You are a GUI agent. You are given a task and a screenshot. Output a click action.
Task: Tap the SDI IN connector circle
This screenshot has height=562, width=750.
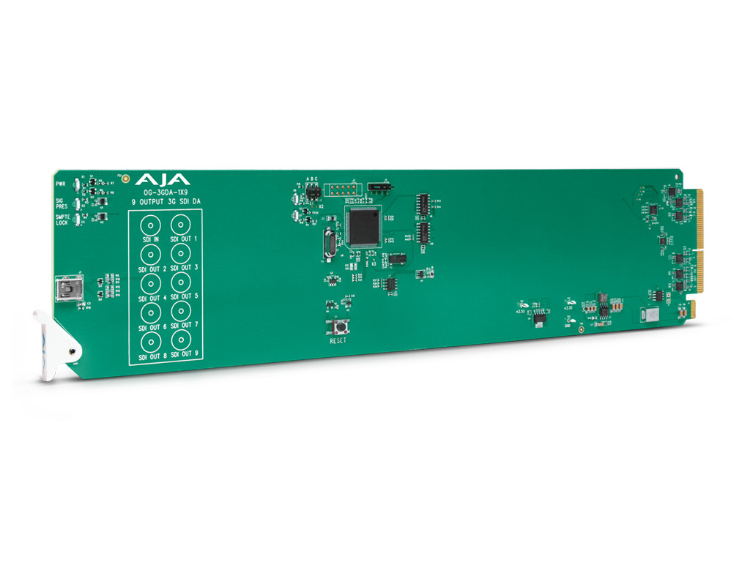point(151,224)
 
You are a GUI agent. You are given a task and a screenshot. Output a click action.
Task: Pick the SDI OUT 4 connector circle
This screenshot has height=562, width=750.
point(151,283)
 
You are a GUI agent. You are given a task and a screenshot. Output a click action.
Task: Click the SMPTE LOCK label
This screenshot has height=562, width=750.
point(62,220)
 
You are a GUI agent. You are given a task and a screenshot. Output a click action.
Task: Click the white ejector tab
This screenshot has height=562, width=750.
point(53,344)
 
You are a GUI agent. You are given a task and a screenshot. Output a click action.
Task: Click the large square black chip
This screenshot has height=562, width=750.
point(365,227)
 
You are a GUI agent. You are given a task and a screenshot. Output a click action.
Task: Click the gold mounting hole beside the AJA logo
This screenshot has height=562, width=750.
point(125,178)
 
